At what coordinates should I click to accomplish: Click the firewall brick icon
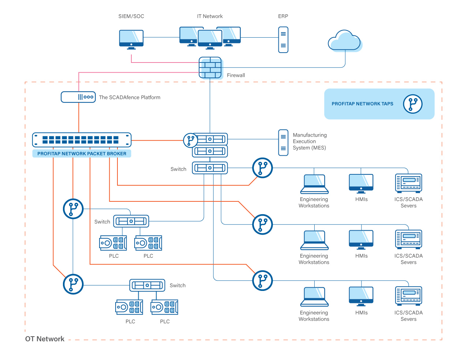tap(210, 68)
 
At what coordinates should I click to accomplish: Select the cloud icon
tap(344, 41)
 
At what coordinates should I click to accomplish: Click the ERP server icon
tap(283, 40)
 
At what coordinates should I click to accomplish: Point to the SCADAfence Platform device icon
tap(78, 97)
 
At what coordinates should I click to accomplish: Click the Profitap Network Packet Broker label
tap(82, 154)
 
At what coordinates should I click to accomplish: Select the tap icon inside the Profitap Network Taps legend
tap(413, 104)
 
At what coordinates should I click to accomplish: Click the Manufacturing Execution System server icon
tap(283, 143)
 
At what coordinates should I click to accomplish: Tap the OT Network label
tap(45, 339)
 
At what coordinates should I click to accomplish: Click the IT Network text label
tap(210, 16)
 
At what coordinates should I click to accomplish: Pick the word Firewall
tap(236, 75)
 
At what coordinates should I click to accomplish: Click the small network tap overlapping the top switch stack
tap(190, 140)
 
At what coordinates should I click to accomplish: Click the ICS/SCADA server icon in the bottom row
tap(409, 296)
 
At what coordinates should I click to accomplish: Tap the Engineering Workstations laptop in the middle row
tap(314, 240)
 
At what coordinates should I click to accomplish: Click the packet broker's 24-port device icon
tap(82, 140)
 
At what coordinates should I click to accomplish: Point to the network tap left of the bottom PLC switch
tap(73, 284)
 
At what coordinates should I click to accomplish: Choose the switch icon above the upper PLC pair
tap(131, 221)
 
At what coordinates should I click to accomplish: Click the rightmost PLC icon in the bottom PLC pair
tap(164, 307)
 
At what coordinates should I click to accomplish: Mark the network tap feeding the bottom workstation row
tap(262, 281)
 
